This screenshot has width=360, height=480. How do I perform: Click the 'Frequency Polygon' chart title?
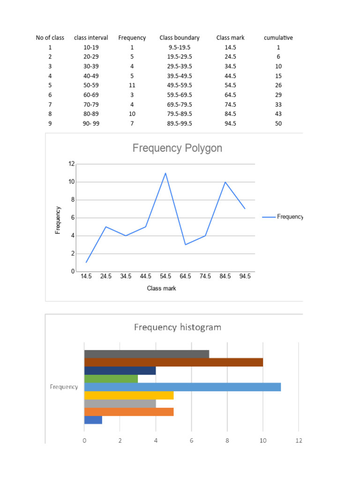(177, 148)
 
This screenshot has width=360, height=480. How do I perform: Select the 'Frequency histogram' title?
(177, 327)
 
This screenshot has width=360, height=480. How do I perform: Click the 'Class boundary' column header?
(179, 37)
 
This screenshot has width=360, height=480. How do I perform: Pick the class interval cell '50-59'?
(91, 85)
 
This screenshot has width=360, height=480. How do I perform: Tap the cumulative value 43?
(278, 114)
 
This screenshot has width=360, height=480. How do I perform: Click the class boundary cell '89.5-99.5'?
(179, 124)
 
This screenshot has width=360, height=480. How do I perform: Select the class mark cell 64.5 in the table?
(230, 95)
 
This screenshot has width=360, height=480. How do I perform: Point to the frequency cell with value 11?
(132, 85)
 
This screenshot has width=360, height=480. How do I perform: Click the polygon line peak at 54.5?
(165, 173)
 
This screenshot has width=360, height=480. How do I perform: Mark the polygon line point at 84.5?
(225, 182)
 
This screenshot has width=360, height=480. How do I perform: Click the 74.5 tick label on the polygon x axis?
(205, 277)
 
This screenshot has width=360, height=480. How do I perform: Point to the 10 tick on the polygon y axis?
(71, 182)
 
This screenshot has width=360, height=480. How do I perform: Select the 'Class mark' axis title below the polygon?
(161, 288)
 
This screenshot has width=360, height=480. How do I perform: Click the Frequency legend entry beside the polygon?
(283, 217)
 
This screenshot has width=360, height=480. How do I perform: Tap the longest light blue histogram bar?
(182, 387)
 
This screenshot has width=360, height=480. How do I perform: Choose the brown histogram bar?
(173, 362)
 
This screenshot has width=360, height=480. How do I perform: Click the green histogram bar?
(111, 379)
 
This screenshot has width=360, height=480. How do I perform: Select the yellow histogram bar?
(129, 395)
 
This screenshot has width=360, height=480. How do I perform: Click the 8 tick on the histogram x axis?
(227, 441)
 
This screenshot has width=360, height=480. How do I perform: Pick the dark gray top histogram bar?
(147, 354)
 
